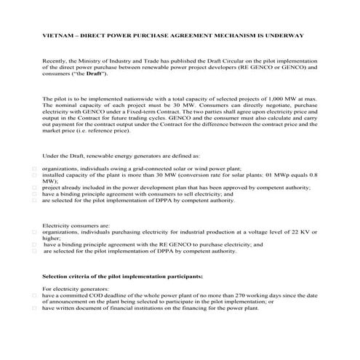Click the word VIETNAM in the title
57,36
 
